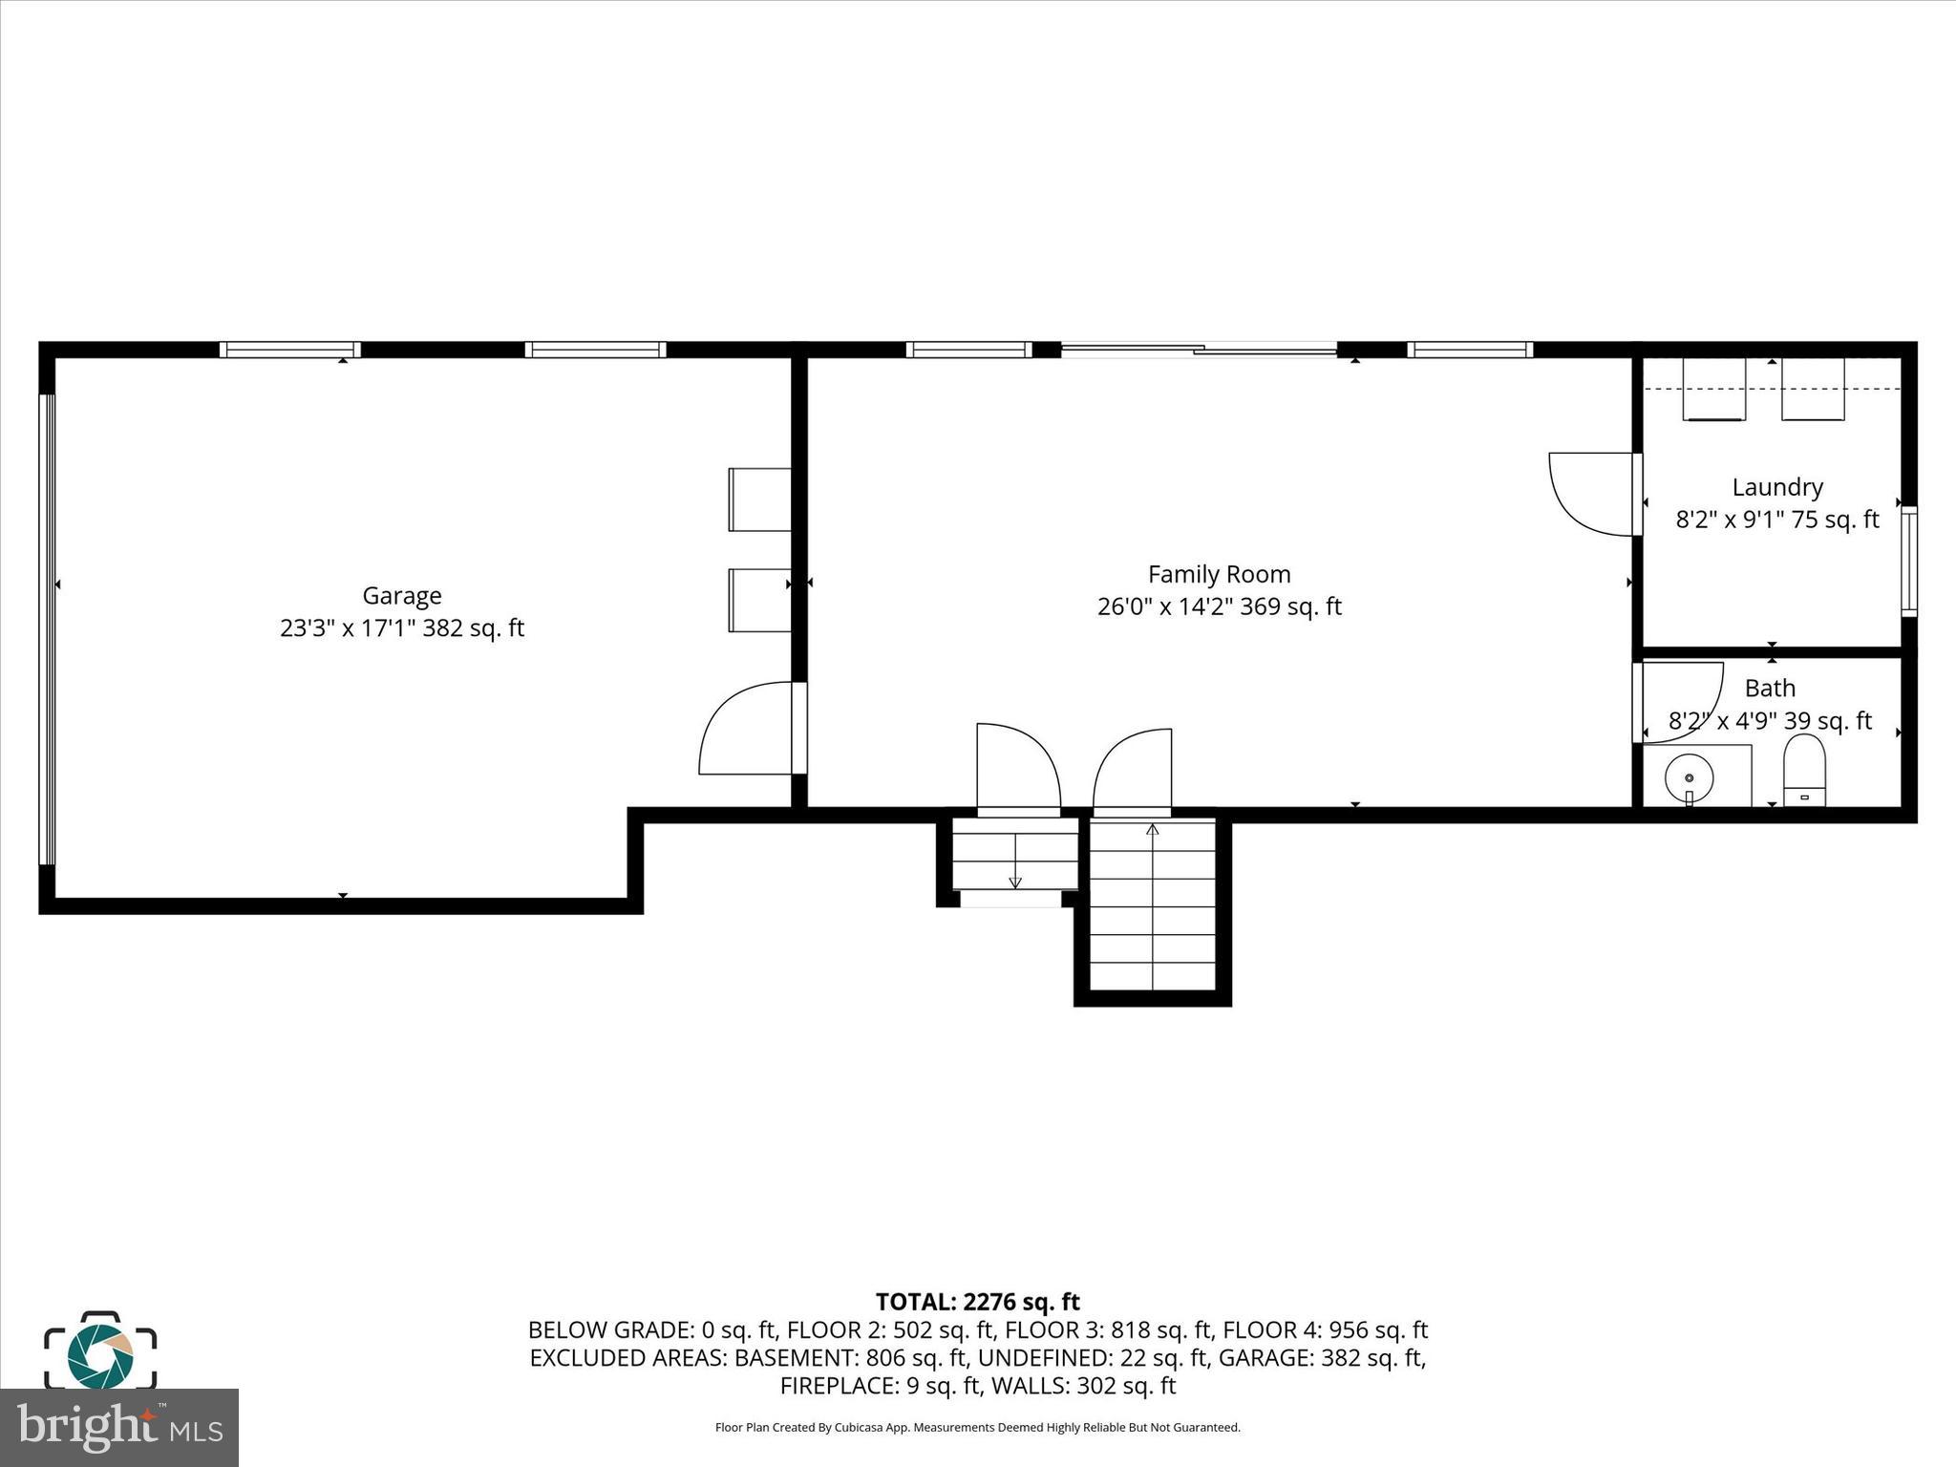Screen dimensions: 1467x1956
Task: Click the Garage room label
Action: point(401,596)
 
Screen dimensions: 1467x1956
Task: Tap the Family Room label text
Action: point(1219,574)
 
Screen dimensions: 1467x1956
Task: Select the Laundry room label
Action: point(1776,487)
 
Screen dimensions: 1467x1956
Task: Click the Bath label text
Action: point(1770,688)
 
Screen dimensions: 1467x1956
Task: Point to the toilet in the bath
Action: point(1804,771)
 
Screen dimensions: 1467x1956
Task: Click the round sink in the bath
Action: point(1689,776)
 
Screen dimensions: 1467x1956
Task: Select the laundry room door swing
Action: point(1590,494)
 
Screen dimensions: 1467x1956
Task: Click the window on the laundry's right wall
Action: point(1907,561)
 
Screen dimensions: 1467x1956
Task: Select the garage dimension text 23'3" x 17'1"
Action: point(401,628)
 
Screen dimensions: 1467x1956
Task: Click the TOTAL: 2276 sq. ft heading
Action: point(977,1302)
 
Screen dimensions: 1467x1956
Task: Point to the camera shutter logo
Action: point(100,1350)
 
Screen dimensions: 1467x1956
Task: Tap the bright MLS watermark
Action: point(118,1427)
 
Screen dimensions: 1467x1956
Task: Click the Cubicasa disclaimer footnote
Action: point(977,1428)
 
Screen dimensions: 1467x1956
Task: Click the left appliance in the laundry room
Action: point(1712,390)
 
